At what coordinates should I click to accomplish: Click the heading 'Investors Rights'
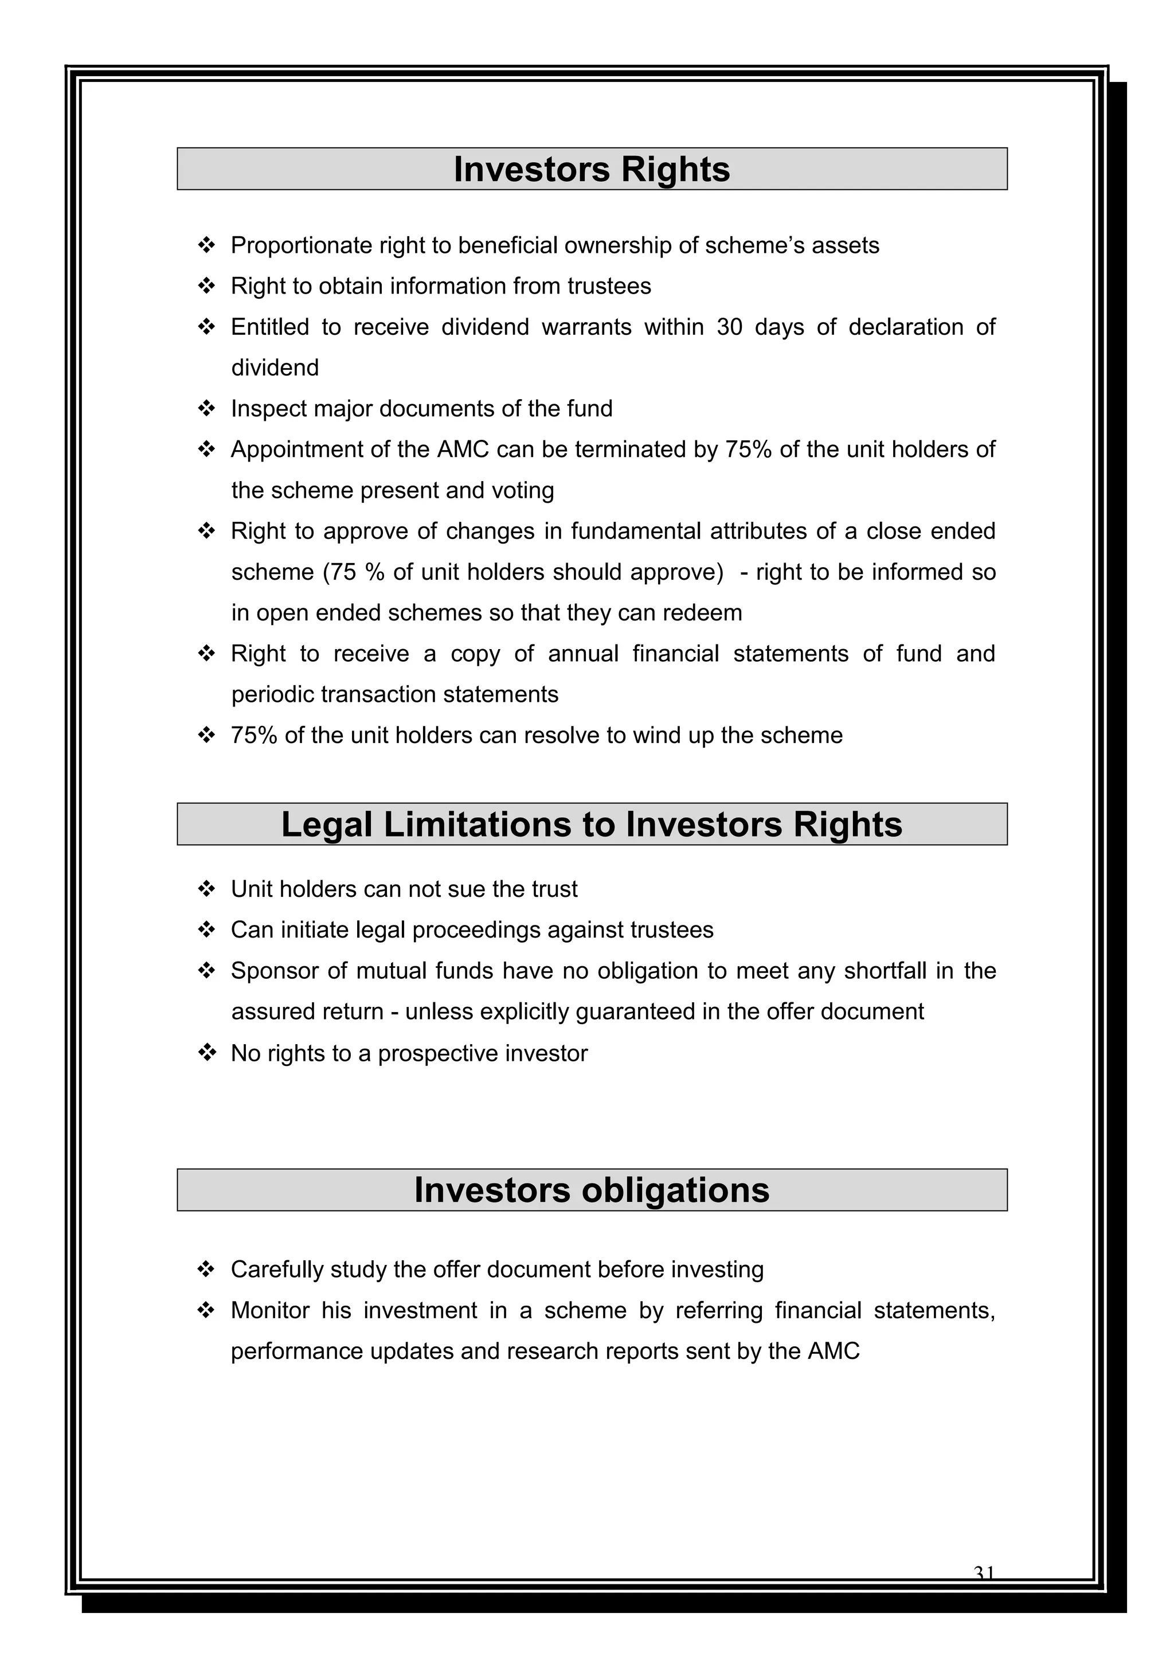point(592,170)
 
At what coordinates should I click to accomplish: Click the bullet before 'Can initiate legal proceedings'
point(207,930)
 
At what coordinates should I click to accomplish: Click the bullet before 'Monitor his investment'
point(207,1310)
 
